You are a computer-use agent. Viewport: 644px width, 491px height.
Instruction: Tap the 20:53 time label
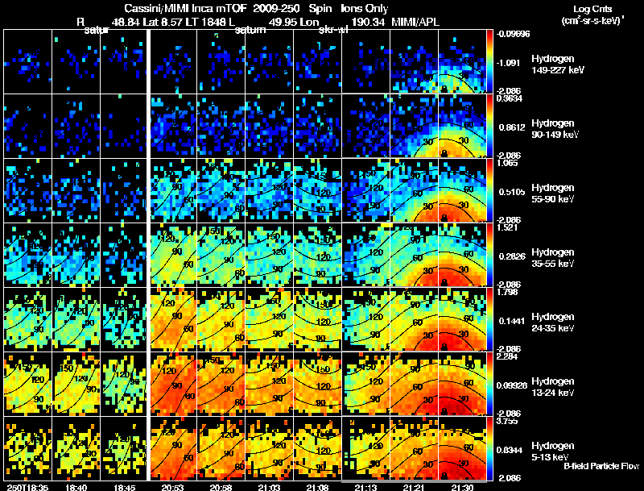pos(174,487)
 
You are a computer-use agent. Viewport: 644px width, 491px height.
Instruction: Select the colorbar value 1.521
pos(509,227)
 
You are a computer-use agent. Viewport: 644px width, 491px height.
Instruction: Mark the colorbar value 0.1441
pos(510,320)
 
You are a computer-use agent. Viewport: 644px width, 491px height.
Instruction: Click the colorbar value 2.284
pos(509,356)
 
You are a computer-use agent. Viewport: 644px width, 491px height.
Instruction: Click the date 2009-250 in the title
pos(277,7)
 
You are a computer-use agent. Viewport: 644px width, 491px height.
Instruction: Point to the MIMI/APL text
pos(417,22)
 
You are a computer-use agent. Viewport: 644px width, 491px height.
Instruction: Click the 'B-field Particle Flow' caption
pos(601,466)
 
